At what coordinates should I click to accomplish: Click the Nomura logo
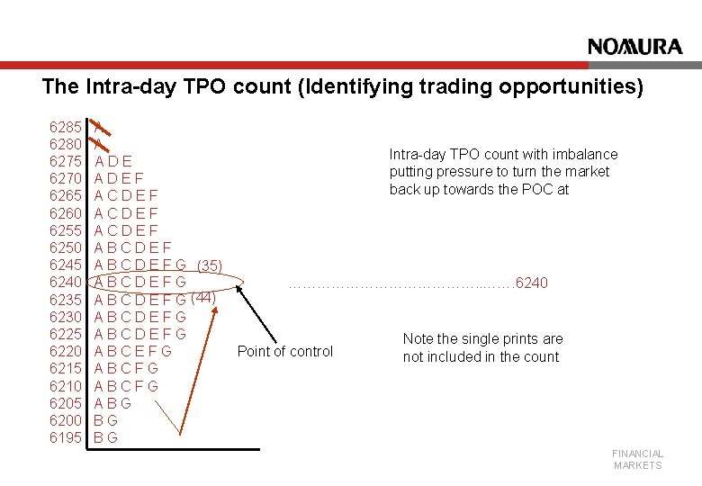click(x=634, y=47)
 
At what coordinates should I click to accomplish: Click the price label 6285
click(x=66, y=127)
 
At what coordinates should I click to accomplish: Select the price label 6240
click(x=66, y=283)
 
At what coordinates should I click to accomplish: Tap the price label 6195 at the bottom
click(x=66, y=438)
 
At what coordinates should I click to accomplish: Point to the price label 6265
click(x=66, y=195)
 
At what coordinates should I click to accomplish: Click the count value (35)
click(x=209, y=265)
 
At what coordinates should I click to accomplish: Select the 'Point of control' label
click(x=284, y=351)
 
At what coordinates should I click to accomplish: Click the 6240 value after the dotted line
click(x=530, y=283)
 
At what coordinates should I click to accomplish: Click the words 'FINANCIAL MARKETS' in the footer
click(x=637, y=459)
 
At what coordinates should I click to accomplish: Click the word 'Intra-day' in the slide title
click(x=121, y=87)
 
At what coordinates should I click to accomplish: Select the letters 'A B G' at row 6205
click(x=112, y=403)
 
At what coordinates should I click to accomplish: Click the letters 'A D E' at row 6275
click(x=113, y=161)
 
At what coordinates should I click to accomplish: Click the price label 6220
click(x=66, y=352)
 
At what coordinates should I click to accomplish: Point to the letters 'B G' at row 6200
click(x=106, y=420)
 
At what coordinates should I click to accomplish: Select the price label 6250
click(x=66, y=247)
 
